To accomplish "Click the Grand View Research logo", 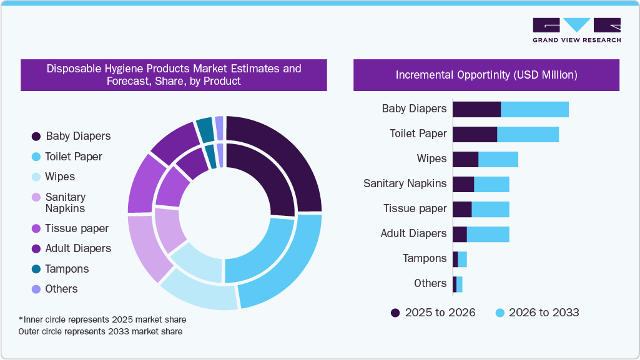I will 576,30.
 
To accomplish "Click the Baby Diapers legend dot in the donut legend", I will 36,136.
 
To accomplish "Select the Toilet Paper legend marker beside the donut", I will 36,157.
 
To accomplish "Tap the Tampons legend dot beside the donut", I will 36,269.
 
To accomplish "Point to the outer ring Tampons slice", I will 204,129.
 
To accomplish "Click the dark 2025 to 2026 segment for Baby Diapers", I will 476,109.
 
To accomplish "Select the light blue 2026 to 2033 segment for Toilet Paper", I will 528,134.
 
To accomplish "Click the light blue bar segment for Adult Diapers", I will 488,234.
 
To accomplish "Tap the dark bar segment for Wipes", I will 465,159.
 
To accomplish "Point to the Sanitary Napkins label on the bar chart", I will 405,183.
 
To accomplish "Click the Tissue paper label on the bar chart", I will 415,208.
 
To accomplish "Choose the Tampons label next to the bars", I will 425,258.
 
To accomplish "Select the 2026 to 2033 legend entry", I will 536,313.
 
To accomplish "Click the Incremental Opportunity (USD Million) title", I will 486,75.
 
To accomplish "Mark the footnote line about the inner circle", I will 102,319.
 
